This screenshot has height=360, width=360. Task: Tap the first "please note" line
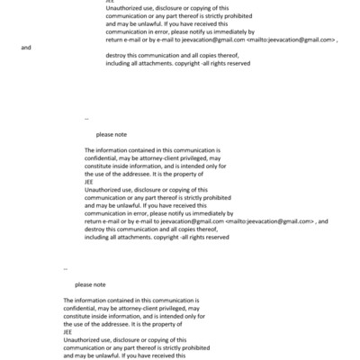pos(112,134)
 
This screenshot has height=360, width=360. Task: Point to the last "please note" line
pos(90,284)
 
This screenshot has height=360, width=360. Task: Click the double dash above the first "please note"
pos(86,118)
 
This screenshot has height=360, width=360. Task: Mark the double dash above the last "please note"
pos(66,268)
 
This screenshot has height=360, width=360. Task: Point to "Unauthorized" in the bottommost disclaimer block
pos(85,338)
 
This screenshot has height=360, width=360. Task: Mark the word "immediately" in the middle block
pos(201,213)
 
